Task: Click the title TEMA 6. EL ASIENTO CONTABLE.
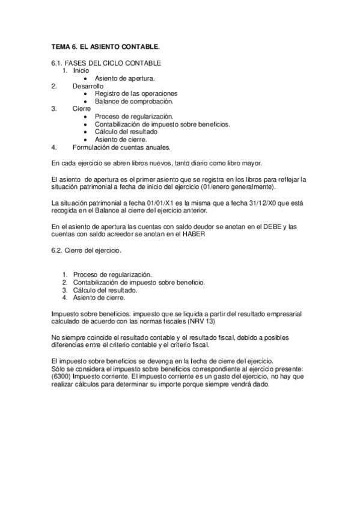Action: (105, 46)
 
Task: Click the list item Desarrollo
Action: (88, 86)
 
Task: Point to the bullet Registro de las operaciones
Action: (136, 93)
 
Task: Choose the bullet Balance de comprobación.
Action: (129, 101)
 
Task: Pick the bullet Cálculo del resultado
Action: (126, 131)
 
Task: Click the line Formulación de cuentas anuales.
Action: (121, 147)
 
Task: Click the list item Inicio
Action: (81, 71)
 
